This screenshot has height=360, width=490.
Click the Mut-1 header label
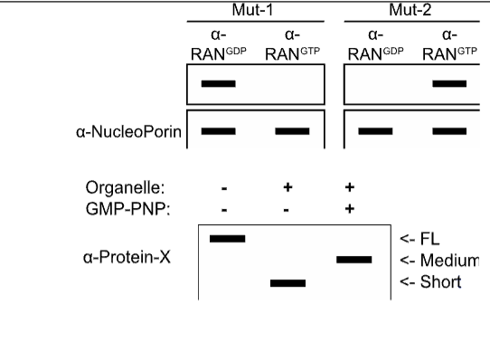pyautogui.click(x=254, y=8)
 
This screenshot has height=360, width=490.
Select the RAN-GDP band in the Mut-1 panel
pyautogui.click(x=218, y=84)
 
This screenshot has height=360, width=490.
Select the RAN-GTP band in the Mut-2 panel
pyautogui.click(x=449, y=84)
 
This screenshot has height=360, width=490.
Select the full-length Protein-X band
pyautogui.click(x=227, y=238)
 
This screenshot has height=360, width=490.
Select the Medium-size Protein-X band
pyautogui.click(x=353, y=260)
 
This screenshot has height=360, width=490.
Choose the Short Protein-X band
pyautogui.click(x=289, y=282)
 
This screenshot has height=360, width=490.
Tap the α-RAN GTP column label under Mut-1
pyautogui.click(x=292, y=47)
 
